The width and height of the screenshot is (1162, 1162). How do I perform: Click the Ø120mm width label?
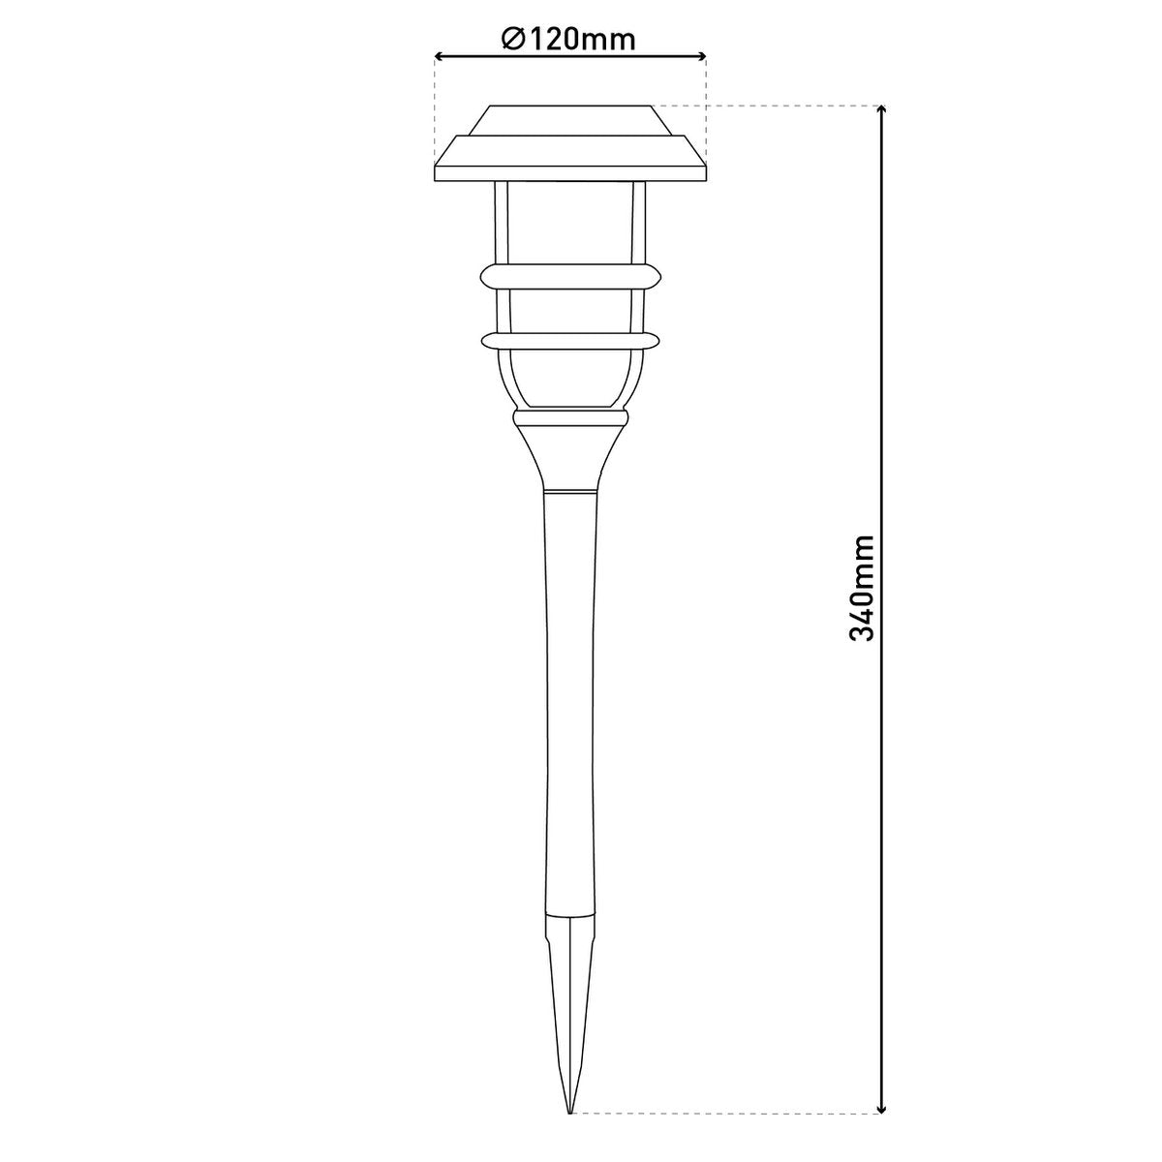(x=569, y=39)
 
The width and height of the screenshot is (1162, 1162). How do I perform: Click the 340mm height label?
(x=861, y=587)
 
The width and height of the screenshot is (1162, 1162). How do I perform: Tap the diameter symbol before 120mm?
(x=512, y=39)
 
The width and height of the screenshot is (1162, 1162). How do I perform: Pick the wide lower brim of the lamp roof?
(x=569, y=159)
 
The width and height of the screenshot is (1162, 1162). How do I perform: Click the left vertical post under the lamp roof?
(x=500, y=223)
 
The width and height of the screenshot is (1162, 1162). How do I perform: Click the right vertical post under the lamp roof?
(x=639, y=223)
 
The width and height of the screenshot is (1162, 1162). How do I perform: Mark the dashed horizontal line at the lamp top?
(x=794, y=105)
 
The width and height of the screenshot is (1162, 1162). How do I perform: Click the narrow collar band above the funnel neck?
(x=569, y=418)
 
